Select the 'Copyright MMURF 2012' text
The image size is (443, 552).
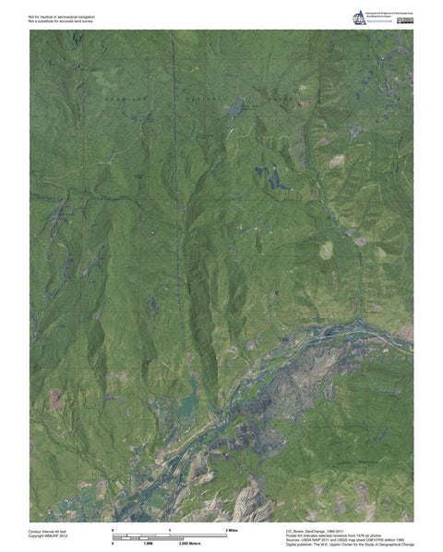[x=48, y=537]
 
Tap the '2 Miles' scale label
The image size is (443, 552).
[x=232, y=528]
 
